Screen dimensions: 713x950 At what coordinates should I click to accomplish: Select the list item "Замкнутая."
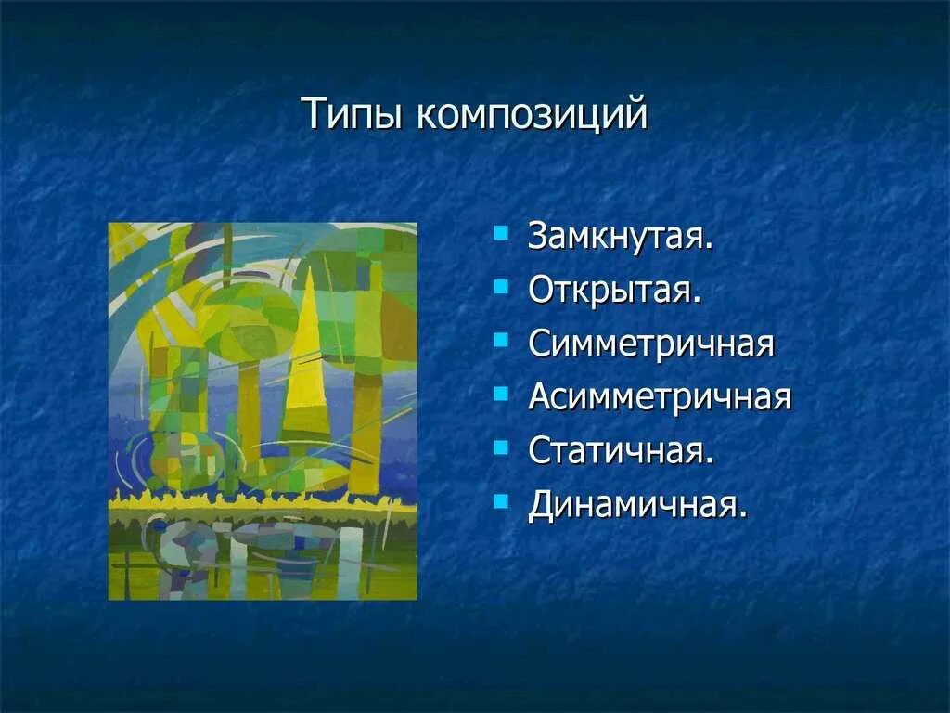pyautogui.click(x=621, y=236)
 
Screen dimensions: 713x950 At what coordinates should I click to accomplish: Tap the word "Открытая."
pyautogui.click(x=615, y=290)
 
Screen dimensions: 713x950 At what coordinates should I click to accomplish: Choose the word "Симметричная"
pyautogui.click(x=651, y=344)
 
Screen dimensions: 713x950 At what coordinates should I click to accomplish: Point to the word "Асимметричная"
pyautogui.click(x=660, y=397)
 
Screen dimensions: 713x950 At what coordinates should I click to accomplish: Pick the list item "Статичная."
pyautogui.click(x=621, y=451)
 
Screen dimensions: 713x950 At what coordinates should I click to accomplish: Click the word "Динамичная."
pyautogui.click(x=637, y=506)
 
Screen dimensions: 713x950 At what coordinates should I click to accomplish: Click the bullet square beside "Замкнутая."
pyautogui.click(x=502, y=232)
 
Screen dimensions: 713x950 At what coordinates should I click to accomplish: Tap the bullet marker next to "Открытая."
pyautogui.click(x=502, y=286)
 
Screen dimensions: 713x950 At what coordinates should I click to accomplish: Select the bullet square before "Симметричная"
pyautogui.click(x=502, y=340)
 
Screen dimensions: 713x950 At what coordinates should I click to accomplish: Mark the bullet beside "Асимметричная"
pyautogui.click(x=502, y=394)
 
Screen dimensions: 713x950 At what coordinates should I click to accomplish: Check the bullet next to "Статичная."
pyautogui.click(x=502, y=447)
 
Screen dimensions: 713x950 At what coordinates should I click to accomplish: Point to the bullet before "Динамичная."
pyautogui.click(x=502, y=501)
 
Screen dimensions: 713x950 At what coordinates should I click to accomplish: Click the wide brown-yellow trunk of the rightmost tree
pyautogui.click(x=366, y=427)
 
